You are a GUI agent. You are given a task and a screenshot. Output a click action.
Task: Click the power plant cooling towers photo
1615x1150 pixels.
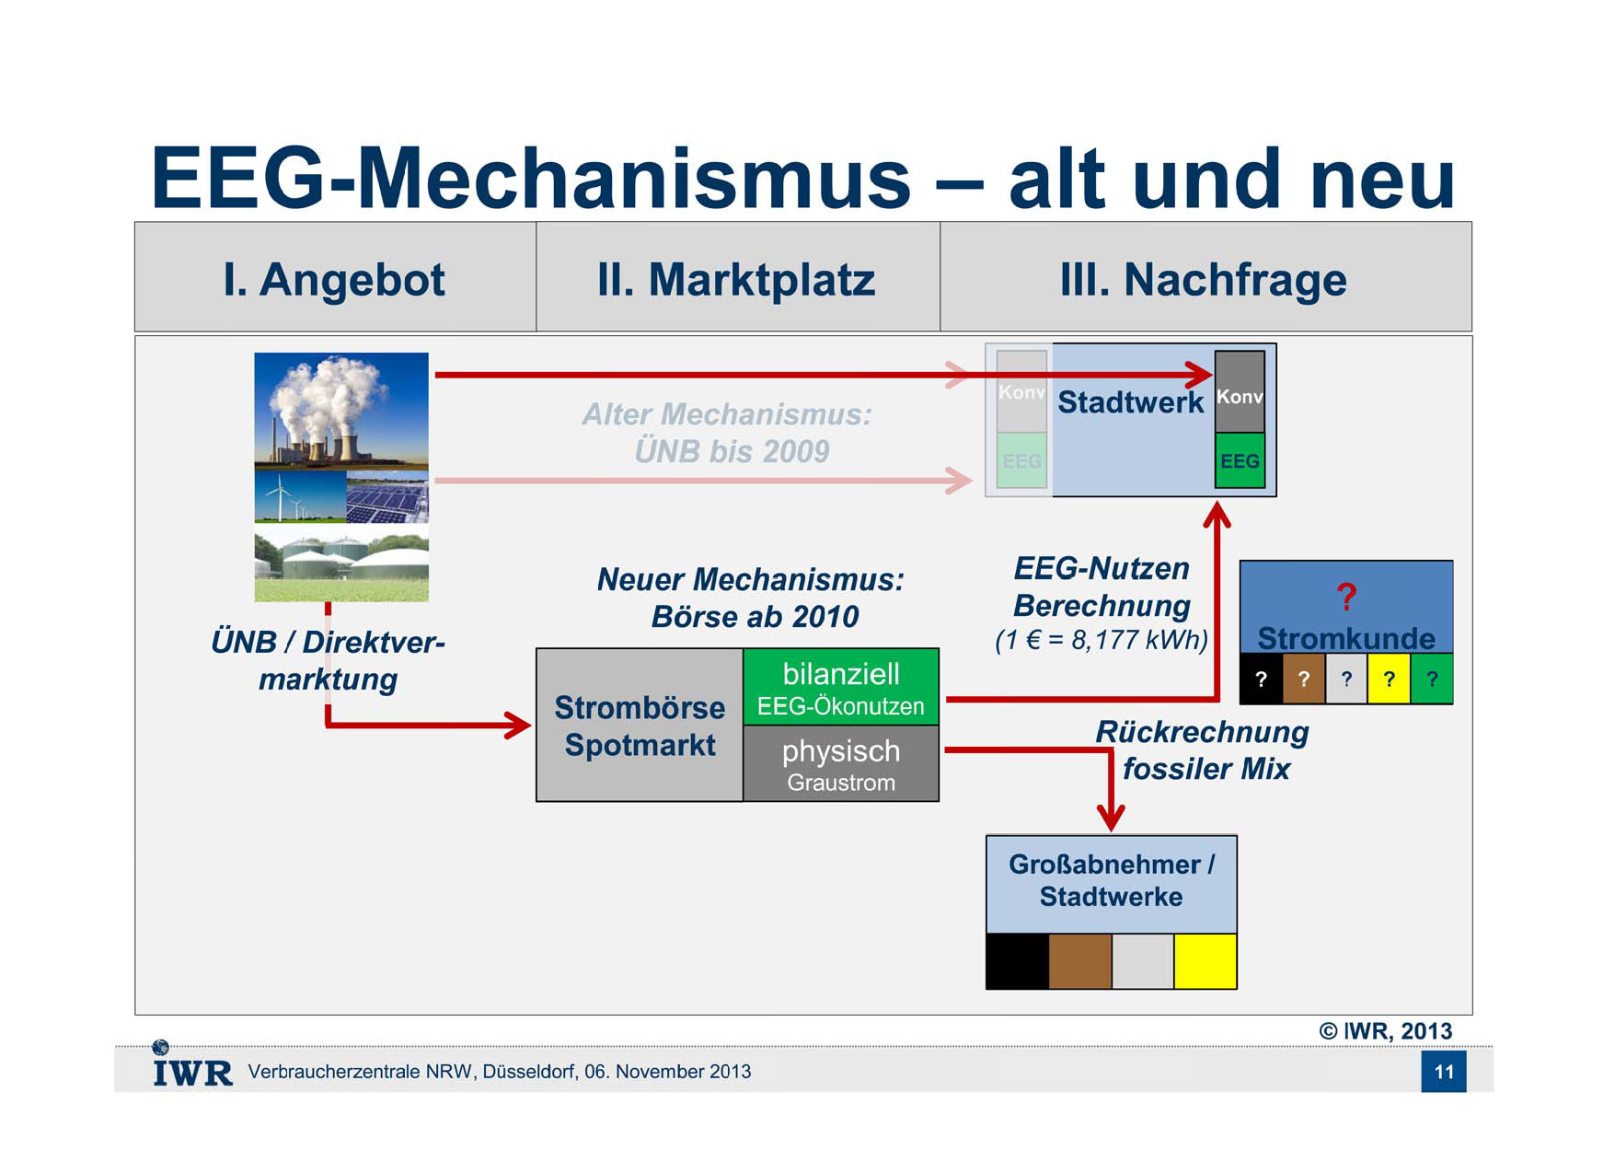click(341, 411)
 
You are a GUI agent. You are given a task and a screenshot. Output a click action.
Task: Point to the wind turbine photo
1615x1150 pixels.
click(300, 496)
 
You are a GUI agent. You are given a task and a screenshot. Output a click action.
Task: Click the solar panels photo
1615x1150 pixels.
click(387, 496)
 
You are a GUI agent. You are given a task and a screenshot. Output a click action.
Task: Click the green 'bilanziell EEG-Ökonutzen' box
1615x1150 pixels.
click(841, 687)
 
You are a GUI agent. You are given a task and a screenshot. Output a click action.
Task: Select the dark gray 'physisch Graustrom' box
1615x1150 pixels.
click(841, 763)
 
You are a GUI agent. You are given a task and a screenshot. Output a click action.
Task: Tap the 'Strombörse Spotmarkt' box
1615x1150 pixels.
click(640, 726)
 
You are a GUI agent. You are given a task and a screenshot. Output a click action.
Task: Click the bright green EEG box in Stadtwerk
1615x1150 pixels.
click(1240, 460)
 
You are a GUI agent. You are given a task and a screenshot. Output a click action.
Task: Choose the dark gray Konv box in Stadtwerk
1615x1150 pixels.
click(1240, 392)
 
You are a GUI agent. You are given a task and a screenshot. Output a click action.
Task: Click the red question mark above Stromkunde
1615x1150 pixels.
click(1346, 597)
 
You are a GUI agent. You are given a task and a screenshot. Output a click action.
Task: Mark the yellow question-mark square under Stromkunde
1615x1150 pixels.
click(1390, 680)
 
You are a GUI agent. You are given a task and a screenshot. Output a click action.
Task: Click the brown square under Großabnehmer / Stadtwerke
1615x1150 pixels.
click(1080, 961)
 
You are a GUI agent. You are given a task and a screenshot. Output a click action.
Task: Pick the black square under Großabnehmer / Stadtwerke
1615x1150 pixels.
click(1018, 961)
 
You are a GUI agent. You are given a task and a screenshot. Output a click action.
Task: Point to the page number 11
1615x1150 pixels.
click(1444, 1072)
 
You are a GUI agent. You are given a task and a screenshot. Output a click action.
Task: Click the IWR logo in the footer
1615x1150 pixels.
click(192, 1065)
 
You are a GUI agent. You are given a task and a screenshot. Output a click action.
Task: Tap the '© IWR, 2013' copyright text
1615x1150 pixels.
click(1386, 1031)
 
